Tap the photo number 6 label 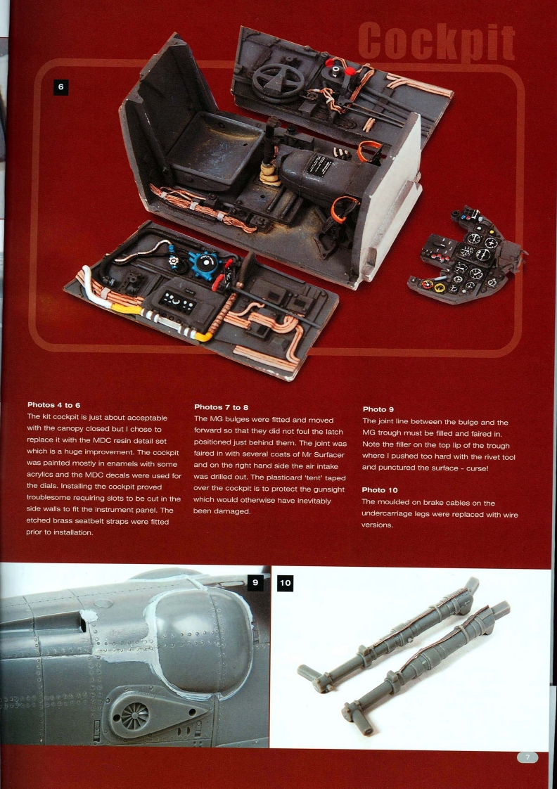(60, 86)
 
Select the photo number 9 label (256, 582)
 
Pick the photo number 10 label (286, 583)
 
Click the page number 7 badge (527, 757)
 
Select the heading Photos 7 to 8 (220, 406)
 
